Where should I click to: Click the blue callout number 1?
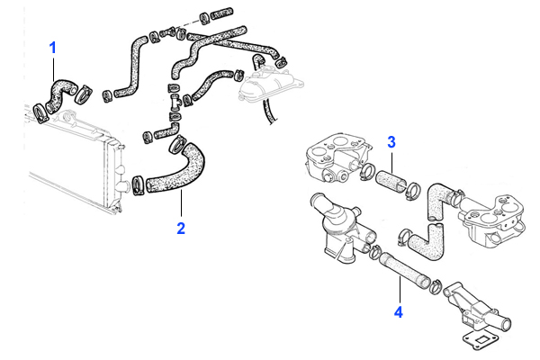[54, 46]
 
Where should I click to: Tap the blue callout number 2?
[181, 228]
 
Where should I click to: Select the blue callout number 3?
[391, 141]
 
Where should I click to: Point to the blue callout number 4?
[399, 313]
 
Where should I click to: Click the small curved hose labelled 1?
[63, 90]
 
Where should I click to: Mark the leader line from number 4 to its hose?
[399, 292]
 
